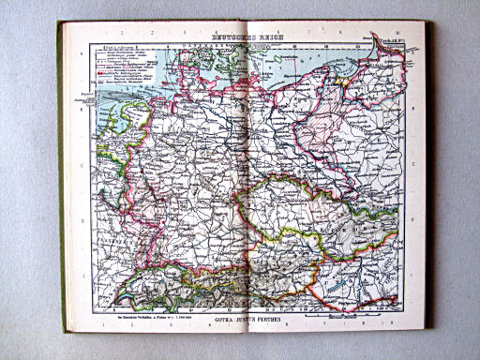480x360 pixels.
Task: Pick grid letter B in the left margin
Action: pyautogui.click(x=82, y=109)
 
